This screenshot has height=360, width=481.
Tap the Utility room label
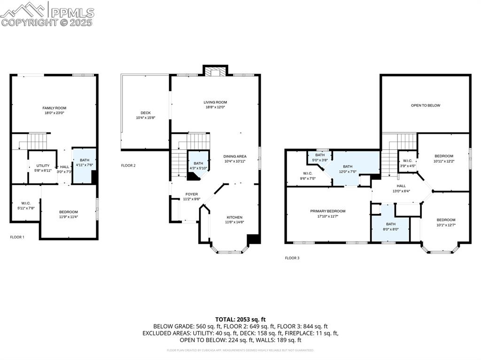click(x=43, y=166)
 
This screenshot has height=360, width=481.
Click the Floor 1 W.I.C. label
click(x=25, y=203)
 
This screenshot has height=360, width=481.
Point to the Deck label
click(x=146, y=113)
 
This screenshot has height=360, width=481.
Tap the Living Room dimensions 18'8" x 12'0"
click(x=215, y=107)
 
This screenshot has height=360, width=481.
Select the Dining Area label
click(x=234, y=156)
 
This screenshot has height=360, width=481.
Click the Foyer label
click(x=192, y=194)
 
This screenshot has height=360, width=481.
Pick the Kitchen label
click(x=234, y=217)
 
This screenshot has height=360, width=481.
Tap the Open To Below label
click(x=426, y=106)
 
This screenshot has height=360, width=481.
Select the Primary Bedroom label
click(x=327, y=211)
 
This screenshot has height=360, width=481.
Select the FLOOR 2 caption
click(x=128, y=165)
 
